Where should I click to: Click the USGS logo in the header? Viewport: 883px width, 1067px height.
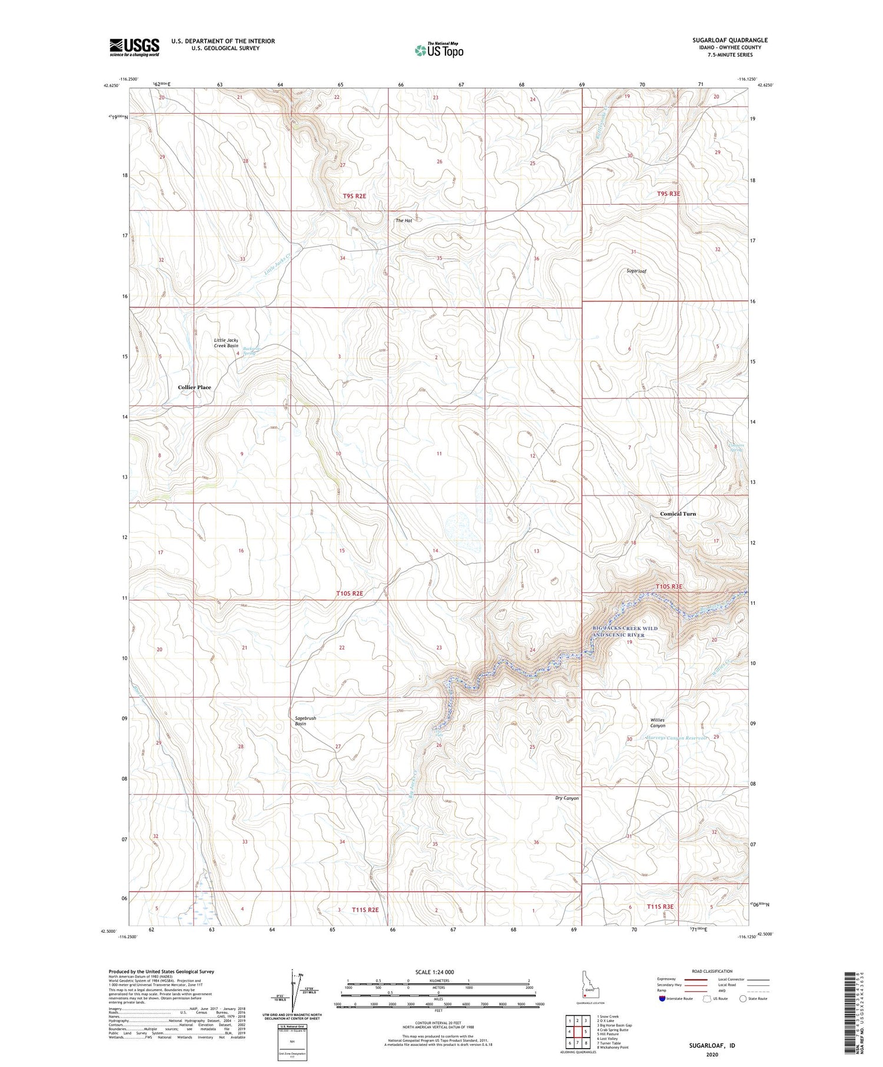point(134,47)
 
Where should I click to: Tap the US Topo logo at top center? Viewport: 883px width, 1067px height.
point(439,51)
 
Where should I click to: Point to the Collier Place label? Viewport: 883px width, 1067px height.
point(194,387)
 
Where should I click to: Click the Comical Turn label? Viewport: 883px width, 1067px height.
point(678,514)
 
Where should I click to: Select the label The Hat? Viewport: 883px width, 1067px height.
point(404,220)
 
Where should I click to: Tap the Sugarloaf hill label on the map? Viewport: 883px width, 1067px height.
point(636,271)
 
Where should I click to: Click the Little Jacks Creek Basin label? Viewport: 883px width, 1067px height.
point(226,343)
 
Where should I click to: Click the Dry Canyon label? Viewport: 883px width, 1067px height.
point(567,798)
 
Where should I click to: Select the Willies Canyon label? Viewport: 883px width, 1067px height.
point(657,723)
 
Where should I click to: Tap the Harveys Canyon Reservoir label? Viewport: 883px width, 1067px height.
point(676,738)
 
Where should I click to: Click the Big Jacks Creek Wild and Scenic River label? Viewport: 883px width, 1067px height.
point(625,631)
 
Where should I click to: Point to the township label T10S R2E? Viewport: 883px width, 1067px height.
point(350,593)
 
